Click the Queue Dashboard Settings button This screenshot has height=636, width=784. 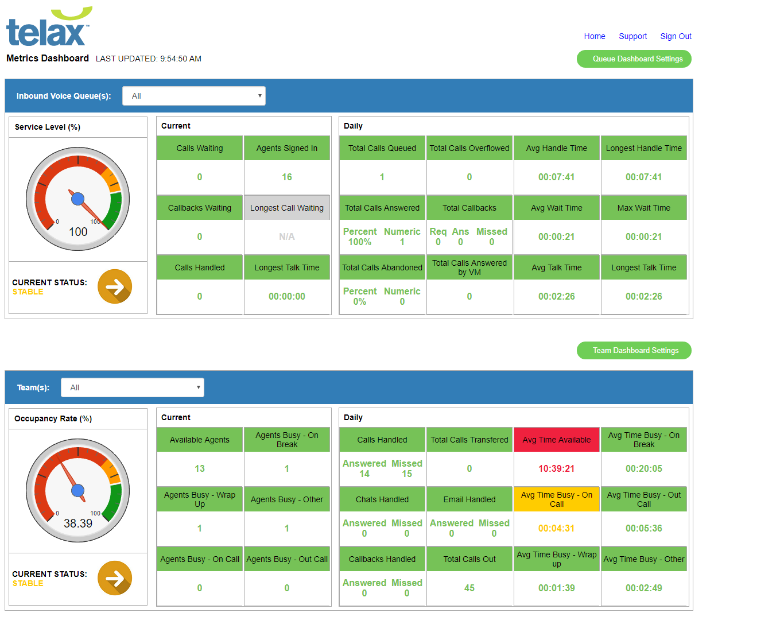634,59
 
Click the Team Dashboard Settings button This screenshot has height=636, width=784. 634,351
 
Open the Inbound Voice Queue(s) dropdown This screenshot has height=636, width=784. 194,96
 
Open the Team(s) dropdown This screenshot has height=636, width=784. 133,387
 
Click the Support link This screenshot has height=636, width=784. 632,36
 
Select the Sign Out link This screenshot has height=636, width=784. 676,36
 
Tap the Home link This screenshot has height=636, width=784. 595,36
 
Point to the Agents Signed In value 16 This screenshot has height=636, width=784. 287,177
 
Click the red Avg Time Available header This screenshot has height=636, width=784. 557,440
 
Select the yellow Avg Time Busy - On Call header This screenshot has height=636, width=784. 557,499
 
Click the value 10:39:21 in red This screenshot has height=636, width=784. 556,469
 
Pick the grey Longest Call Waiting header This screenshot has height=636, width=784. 287,208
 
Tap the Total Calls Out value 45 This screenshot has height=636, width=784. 469,588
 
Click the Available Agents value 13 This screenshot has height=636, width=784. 200,469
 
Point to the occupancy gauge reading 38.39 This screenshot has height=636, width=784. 78,523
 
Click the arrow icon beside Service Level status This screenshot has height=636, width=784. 115,286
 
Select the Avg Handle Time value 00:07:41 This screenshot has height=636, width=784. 556,177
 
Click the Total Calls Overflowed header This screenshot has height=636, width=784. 469,148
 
